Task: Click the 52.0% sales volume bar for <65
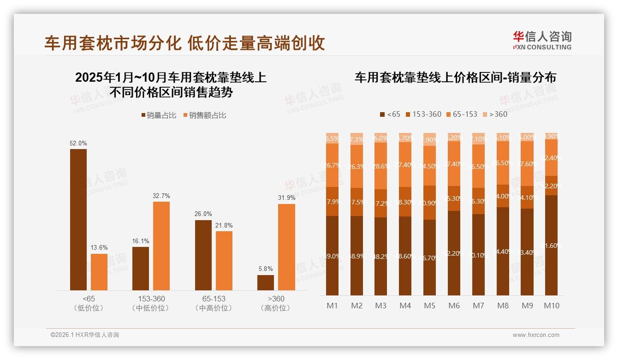(x=78, y=219)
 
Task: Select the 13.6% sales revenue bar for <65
(x=99, y=272)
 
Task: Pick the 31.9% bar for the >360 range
(x=286, y=247)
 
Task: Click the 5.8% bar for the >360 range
(x=266, y=282)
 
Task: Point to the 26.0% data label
(x=203, y=214)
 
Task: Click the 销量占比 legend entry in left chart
(x=158, y=115)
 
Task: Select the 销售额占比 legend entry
(x=204, y=115)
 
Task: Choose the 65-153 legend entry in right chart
(x=462, y=114)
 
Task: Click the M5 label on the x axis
(x=429, y=306)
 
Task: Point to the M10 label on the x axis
(x=552, y=306)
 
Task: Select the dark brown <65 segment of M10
(x=552, y=245)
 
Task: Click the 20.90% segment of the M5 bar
(x=429, y=203)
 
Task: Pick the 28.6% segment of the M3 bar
(x=380, y=166)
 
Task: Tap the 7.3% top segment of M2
(x=356, y=139)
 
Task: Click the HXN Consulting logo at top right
(x=542, y=40)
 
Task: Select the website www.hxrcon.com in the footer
(x=536, y=335)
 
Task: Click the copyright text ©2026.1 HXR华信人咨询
(x=84, y=335)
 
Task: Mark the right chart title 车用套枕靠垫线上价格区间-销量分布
(x=455, y=78)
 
